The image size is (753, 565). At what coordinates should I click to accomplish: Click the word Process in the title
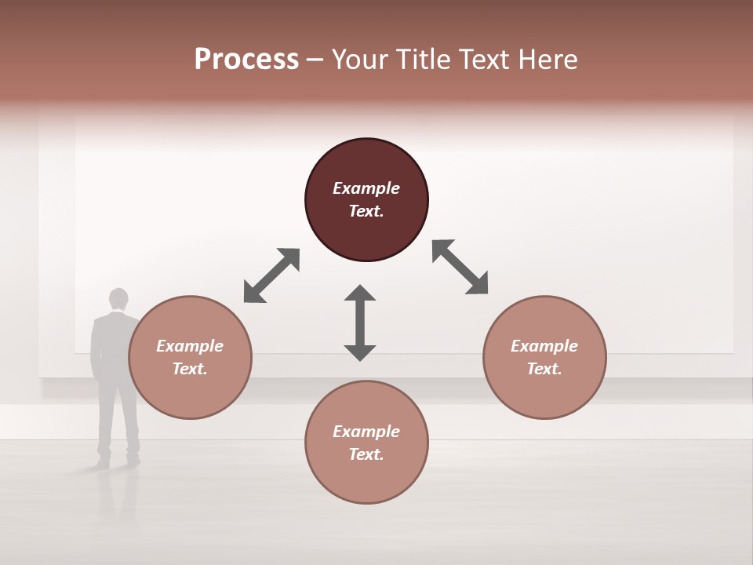[246, 60]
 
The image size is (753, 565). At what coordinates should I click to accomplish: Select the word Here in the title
[546, 60]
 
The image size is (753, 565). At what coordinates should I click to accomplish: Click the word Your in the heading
[361, 60]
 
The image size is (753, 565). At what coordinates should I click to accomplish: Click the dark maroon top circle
[366, 165]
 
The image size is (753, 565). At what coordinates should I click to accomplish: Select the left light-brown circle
[190, 392]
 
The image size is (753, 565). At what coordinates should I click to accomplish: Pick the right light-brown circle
[544, 392]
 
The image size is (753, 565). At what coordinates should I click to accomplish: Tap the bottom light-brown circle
[366, 479]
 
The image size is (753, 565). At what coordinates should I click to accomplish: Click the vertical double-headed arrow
[360, 323]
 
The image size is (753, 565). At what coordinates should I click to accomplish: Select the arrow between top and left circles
[271, 275]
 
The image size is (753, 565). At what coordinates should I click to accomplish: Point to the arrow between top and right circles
[460, 267]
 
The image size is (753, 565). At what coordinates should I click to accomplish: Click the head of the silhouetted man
[118, 299]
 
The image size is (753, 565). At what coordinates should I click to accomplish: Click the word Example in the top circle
[366, 188]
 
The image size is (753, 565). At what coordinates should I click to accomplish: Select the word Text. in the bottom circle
[366, 454]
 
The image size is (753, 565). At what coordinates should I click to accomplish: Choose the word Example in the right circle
[544, 346]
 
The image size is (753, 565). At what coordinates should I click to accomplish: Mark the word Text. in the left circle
[190, 369]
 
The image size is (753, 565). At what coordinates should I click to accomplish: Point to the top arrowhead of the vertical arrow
[360, 293]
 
